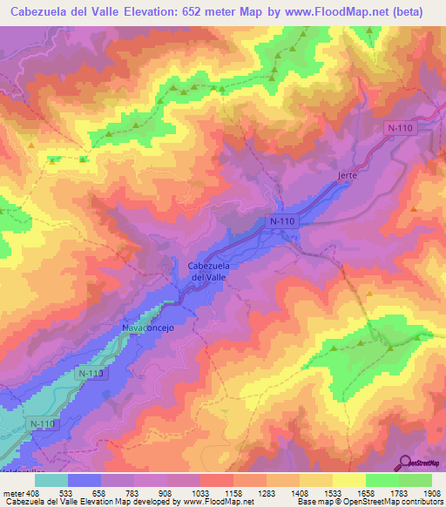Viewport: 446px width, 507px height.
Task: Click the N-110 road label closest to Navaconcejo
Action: (x=90, y=374)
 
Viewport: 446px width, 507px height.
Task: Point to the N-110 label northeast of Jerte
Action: (x=399, y=128)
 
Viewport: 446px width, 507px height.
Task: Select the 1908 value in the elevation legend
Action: (x=432, y=491)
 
